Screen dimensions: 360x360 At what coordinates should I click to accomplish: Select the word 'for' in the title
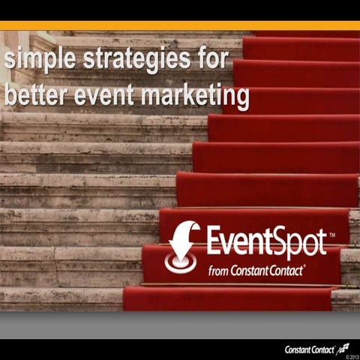tap(204, 60)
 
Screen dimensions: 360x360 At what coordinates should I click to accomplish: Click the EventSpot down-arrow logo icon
tap(182, 246)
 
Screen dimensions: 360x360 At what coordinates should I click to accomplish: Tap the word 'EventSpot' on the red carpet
tap(266, 241)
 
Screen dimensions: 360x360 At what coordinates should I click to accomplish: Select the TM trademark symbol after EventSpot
tap(332, 235)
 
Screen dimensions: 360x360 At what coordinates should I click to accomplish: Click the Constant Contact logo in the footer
tap(311, 349)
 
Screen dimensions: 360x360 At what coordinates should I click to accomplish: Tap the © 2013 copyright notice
tap(350, 356)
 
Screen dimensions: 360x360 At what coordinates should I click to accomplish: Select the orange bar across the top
tap(180, 25)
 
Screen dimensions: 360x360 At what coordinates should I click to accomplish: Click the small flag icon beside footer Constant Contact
tap(343, 346)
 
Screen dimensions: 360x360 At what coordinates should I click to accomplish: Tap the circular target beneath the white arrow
tap(180, 262)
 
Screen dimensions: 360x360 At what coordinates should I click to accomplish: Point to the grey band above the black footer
tap(180, 325)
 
